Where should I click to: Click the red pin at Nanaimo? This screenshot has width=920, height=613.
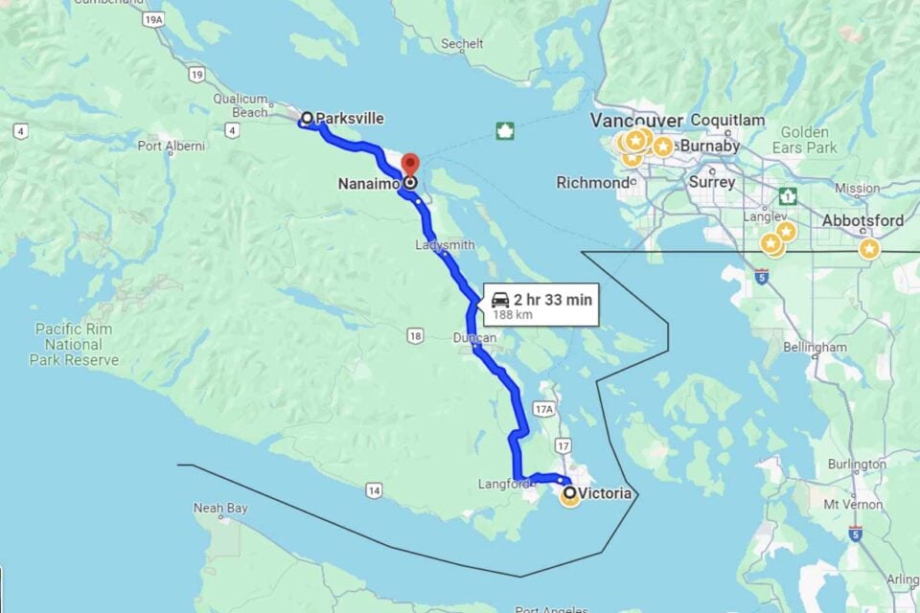[x=409, y=166]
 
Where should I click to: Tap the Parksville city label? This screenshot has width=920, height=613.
[x=350, y=119]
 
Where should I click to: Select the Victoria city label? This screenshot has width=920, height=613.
[x=605, y=494]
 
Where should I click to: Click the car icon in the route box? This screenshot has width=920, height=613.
[x=500, y=300]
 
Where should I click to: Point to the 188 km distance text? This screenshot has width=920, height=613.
[x=514, y=314]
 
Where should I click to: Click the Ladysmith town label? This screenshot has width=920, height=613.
[x=445, y=245]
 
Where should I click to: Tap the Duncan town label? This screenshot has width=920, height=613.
[x=474, y=338]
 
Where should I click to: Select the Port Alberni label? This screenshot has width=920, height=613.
[x=171, y=147]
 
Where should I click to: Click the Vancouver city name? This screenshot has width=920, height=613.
[x=635, y=121]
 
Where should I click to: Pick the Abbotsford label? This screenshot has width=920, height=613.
[x=862, y=221]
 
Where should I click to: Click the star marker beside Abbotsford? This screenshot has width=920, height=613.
[x=869, y=249]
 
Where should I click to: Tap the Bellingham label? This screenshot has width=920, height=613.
[x=815, y=347]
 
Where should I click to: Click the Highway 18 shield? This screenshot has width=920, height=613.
[x=414, y=335]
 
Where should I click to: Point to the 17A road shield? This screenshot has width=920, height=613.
[x=544, y=410]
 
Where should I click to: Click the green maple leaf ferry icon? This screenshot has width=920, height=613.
[x=505, y=131]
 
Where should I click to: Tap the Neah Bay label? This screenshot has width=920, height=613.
[x=220, y=508]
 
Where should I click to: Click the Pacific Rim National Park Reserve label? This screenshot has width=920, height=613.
[x=74, y=345]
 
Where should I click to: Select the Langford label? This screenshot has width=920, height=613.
[x=503, y=485]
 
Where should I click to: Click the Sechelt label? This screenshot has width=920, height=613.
[x=462, y=44]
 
